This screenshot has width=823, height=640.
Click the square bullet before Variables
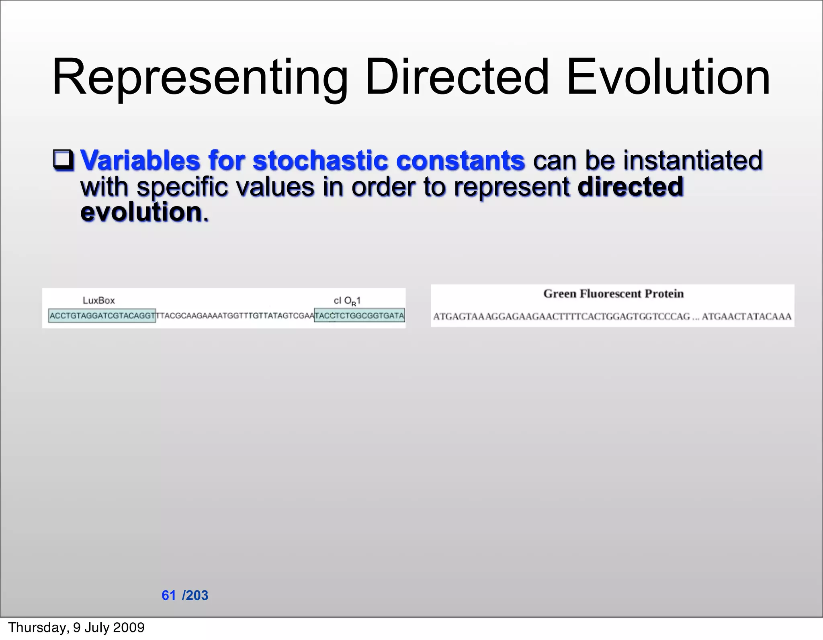point(63,160)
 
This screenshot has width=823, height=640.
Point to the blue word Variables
point(140,160)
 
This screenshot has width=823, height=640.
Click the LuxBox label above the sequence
point(98,301)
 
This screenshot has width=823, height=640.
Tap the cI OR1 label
point(347,301)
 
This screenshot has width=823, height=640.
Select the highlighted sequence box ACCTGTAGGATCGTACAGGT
point(102,316)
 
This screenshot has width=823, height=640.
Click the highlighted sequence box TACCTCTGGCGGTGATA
point(359,316)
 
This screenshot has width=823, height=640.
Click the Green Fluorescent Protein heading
point(613,294)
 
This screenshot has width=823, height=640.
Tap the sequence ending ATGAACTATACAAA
point(747,317)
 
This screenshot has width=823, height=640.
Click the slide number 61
point(169,595)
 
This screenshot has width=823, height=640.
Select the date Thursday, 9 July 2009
point(76,628)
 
